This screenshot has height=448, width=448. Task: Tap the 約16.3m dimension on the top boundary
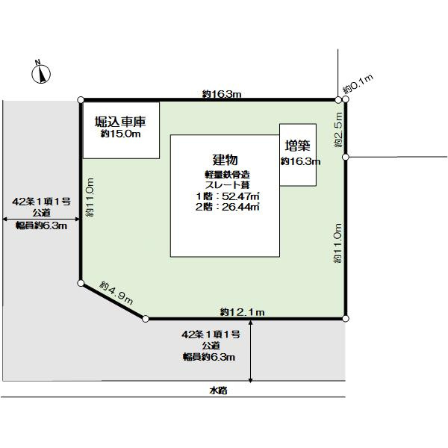pyautogui.click(x=222, y=94)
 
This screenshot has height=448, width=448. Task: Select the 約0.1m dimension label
pyautogui.click(x=358, y=84)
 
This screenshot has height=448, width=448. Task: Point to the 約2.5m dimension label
pyautogui.click(x=338, y=129)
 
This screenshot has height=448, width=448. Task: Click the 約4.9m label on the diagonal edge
pyautogui.click(x=116, y=293)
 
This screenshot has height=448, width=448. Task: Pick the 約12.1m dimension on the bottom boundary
pyautogui.click(x=242, y=312)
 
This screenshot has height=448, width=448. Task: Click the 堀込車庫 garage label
pyautogui.click(x=120, y=122)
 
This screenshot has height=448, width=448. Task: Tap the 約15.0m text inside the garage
pyautogui.click(x=120, y=134)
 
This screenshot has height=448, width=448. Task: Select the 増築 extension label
pyautogui.click(x=297, y=146)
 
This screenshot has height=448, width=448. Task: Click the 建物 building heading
pyautogui.click(x=225, y=160)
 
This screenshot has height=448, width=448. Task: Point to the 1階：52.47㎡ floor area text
pyautogui.click(x=228, y=196)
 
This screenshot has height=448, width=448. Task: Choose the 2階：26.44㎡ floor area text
pyautogui.click(x=228, y=207)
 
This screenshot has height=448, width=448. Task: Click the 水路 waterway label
pyautogui.click(x=219, y=391)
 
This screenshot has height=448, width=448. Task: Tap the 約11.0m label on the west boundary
pyautogui.click(x=90, y=197)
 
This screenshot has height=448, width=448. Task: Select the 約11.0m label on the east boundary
pyautogui.click(x=337, y=243)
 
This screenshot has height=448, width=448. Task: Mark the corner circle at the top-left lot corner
pyautogui.click(x=81, y=100)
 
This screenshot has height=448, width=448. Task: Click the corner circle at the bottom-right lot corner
pyautogui.click(x=346, y=318)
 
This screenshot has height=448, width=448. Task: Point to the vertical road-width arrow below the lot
pyautogui.click(x=251, y=351)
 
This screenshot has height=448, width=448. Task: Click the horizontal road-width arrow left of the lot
pyautogui.click(x=41, y=219)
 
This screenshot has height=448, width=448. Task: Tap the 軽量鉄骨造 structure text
pyautogui.click(x=228, y=174)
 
